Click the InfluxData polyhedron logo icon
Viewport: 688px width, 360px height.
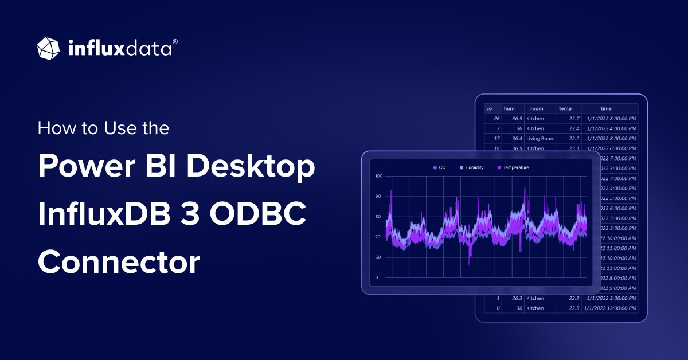(x=49, y=48)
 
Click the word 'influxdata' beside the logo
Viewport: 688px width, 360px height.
(x=119, y=48)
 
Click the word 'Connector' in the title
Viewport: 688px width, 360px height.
(x=119, y=263)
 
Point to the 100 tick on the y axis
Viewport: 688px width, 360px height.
(x=378, y=176)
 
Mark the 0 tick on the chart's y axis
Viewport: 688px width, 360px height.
(x=377, y=277)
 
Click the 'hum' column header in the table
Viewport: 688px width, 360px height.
(x=509, y=108)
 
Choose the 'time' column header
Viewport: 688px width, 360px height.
(x=606, y=108)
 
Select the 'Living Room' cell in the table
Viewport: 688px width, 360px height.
(x=541, y=139)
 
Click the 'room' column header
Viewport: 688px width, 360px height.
(x=537, y=108)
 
